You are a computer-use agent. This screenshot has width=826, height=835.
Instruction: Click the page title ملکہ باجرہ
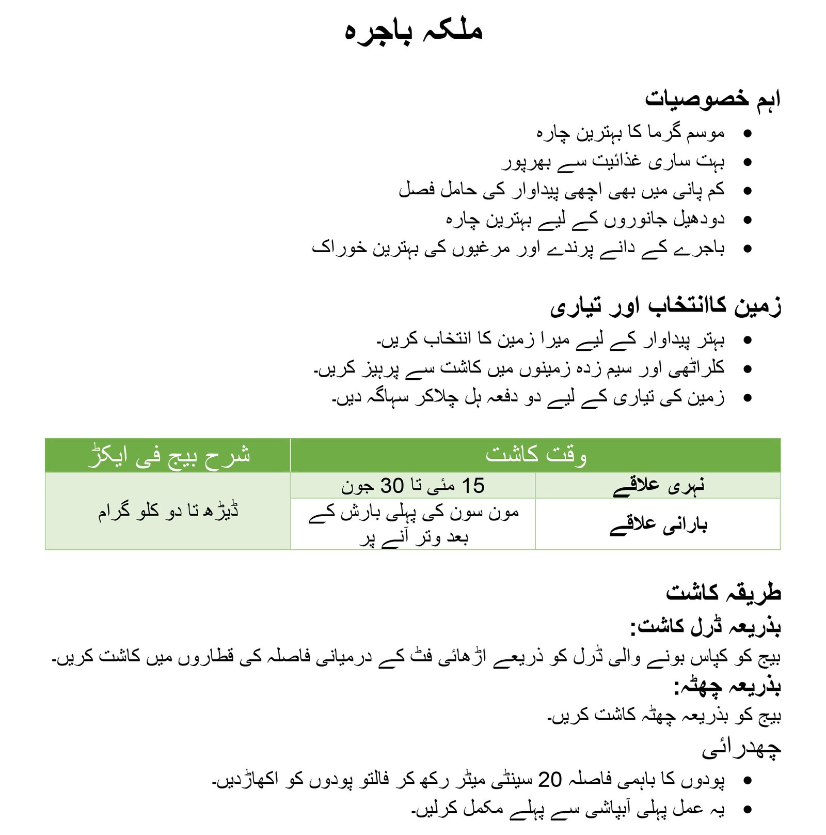(413, 31)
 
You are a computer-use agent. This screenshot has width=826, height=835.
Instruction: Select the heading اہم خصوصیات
(712, 99)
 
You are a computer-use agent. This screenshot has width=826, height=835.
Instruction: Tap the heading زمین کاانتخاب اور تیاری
(665, 306)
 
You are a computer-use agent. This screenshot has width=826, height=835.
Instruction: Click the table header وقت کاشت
(535, 455)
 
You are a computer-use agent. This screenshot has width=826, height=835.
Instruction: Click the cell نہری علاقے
(658, 486)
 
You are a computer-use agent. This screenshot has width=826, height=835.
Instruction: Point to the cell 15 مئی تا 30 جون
(413, 486)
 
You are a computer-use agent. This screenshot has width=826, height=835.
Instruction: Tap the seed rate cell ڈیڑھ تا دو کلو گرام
(168, 511)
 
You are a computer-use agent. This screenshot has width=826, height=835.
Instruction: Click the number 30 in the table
(392, 486)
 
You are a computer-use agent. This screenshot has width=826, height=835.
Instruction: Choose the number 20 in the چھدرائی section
(549, 779)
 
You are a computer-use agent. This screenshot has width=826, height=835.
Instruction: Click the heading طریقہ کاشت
(723, 592)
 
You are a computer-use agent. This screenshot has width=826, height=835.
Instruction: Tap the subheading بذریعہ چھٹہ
(727, 686)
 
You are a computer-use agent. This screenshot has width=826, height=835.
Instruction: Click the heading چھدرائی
(741, 749)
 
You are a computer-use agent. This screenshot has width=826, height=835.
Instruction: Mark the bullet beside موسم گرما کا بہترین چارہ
(747, 133)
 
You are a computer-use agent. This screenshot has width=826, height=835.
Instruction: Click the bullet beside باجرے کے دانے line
(747, 249)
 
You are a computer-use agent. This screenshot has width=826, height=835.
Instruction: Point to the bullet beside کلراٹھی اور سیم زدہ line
(747, 369)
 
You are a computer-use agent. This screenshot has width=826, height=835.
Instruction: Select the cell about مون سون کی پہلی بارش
(413, 524)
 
